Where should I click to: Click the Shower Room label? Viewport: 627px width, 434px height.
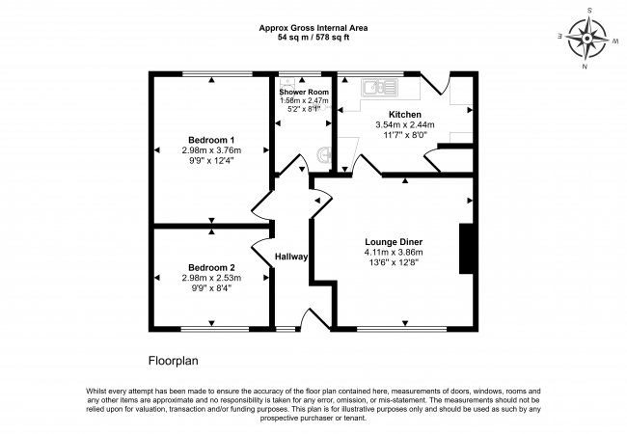304,92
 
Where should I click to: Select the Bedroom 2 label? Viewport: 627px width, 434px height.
211,267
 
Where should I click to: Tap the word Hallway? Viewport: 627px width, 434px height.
292,257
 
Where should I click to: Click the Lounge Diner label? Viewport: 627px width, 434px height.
395,241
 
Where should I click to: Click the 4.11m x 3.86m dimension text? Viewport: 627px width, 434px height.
394,252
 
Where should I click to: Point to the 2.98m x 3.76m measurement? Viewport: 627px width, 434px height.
211,150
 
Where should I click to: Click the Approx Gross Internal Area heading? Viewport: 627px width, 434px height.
313,27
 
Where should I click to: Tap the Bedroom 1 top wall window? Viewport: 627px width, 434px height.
211,73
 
